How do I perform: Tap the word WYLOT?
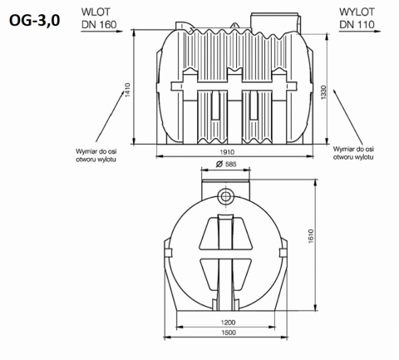point(358,12)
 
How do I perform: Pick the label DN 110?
point(358,25)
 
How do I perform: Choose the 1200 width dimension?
point(229,323)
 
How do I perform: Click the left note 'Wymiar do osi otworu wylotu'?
point(99,155)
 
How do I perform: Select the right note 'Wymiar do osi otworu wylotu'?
point(355,155)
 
